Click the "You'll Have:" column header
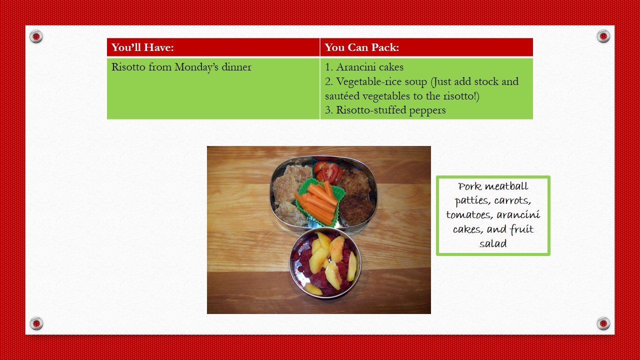142,47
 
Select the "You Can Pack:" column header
361,47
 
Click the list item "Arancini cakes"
364,67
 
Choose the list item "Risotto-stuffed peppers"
385,110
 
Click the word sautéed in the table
342,96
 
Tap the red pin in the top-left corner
36,36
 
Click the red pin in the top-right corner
603,36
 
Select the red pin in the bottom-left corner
36,323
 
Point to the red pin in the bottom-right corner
603,323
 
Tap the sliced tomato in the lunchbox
328,172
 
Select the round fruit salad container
325,263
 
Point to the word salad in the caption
493,243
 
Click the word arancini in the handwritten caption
518,215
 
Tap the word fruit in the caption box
521,229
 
